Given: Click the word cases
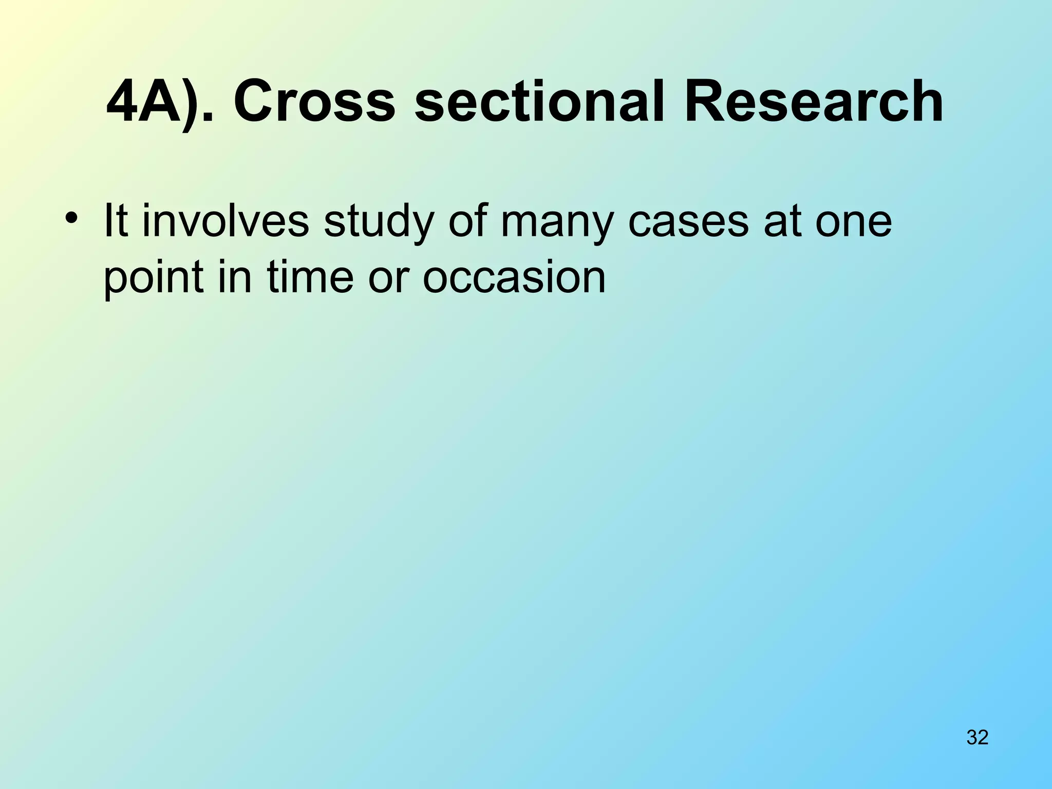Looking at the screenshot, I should pyautogui.click(x=688, y=222).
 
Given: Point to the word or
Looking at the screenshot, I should pyautogui.click(x=389, y=277).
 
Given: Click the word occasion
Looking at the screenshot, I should pyautogui.click(x=514, y=277).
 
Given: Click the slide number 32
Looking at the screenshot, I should pyautogui.click(x=978, y=737).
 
